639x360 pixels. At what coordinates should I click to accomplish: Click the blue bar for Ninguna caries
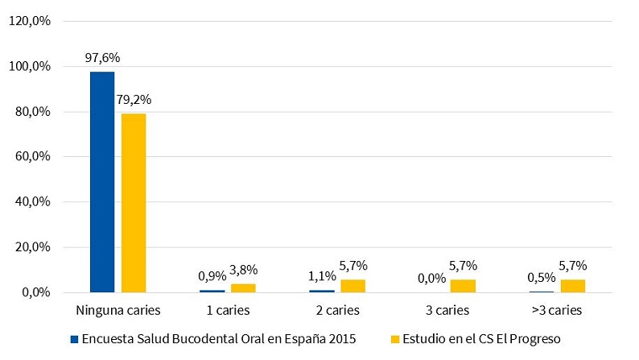(x=102, y=181)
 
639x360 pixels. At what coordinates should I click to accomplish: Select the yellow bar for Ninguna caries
(x=134, y=202)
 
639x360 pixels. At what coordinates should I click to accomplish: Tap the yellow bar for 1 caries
(x=243, y=288)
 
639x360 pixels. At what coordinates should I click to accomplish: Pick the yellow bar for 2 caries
(x=352, y=285)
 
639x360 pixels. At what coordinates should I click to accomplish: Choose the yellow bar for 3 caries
(x=463, y=285)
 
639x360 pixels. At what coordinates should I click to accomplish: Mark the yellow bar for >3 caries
(x=573, y=285)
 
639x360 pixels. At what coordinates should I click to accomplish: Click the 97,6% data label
(x=102, y=58)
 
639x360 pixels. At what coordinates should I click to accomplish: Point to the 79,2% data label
(x=134, y=100)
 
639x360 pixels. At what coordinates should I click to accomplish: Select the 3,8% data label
(x=243, y=270)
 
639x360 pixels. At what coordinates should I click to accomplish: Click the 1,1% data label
(x=321, y=275)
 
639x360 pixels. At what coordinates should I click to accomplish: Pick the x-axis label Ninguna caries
(x=117, y=309)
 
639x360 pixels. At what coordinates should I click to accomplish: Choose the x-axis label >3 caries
(x=557, y=309)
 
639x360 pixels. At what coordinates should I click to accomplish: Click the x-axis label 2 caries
(x=337, y=309)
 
